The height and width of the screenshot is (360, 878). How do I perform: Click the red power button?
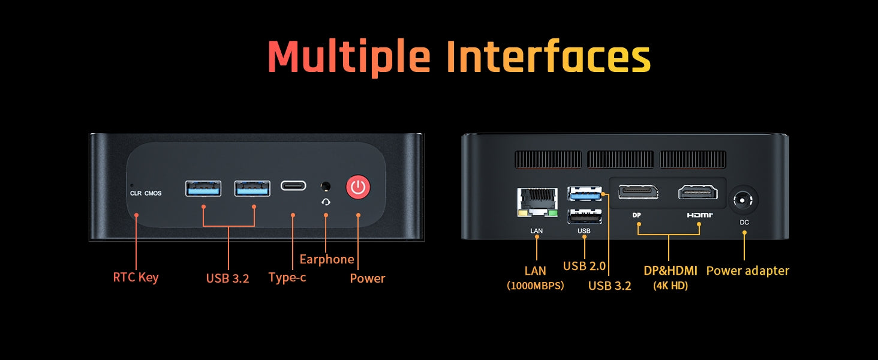[x=358, y=187]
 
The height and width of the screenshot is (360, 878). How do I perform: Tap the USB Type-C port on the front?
[x=293, y=185]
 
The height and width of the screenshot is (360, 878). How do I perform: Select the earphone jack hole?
[x=325, y=186]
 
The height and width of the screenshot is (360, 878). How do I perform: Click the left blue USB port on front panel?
[x=203, y=188]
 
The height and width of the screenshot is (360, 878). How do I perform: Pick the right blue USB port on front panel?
[x=252, y=188]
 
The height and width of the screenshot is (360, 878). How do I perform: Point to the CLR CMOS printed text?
[x=146, y=193]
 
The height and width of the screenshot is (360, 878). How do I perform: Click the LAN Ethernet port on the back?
[x=537, y=202]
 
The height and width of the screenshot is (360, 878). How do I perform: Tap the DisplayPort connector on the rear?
[x=638, y=192]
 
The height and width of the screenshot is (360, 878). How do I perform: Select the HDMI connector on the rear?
[x=698, y=192]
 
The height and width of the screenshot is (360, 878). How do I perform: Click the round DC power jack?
[x=743, y=200]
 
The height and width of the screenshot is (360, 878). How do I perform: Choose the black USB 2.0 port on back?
[x=584, y=217]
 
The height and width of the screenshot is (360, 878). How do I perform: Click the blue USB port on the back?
[x=584, y=194]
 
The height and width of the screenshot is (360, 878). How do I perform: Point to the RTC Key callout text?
[x=136, y=278]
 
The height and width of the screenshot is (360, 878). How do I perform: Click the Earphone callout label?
[x=326, y=260]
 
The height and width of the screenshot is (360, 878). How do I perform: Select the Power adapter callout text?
[x=747, y=271]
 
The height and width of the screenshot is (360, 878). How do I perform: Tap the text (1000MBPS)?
[x=535, y=286]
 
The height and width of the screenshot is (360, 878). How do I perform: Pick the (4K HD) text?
[x=670, y=286]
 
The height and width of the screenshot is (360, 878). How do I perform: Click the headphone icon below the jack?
[x=326, y=202]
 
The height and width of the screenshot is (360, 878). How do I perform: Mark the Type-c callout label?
[x=287, y=277]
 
